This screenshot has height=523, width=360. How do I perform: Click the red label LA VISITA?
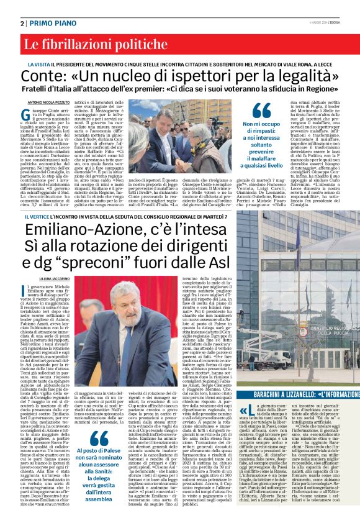coord(38,64)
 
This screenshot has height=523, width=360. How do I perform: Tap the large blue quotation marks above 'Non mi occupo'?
coord(261,110)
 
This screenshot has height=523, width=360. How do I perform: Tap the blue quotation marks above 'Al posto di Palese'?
coord(99,421)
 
